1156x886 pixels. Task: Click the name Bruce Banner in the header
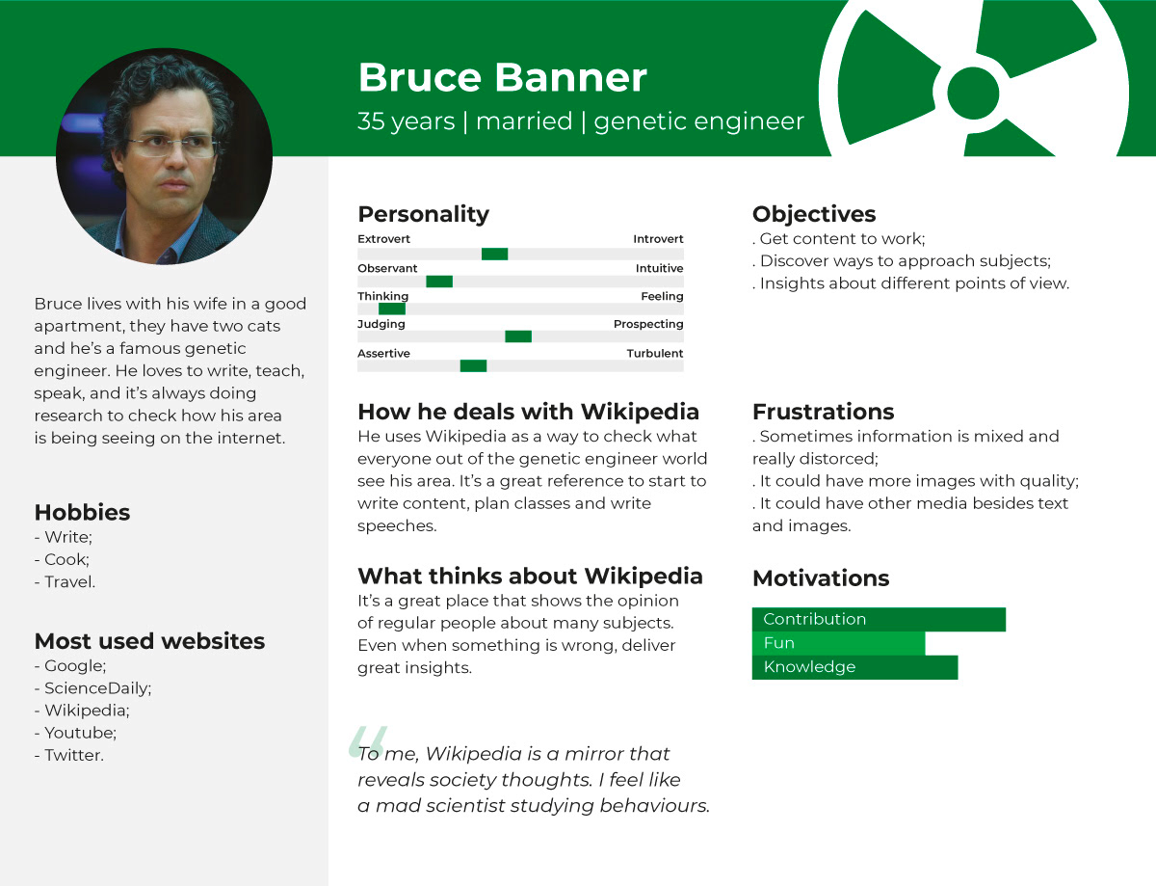tap(502, 77)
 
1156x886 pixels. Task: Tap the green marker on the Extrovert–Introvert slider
tap(494, 254)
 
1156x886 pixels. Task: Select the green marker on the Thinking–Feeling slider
tap(392, 309)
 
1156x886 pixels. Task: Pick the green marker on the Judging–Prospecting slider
tap(518, 336)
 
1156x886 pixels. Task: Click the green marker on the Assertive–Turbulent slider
tap(473, 365)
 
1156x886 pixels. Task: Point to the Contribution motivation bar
tap(879, 619)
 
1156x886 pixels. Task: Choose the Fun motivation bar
tap(838, 643)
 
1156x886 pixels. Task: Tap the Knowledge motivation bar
tap(854, 667)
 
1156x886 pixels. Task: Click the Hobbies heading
tap(82, 513)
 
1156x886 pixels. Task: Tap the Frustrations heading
tap(823, 412)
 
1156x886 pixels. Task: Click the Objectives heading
tap(814, 214)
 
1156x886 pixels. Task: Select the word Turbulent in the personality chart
tap(655, 353)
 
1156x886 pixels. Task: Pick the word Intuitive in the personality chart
tap(659, 268)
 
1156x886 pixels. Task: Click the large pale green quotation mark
tap(368, 741)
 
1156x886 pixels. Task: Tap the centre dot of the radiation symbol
tap(973, 94)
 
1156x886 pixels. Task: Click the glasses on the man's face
tap(172, 146)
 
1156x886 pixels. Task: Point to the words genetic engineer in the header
tap(699, 121)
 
